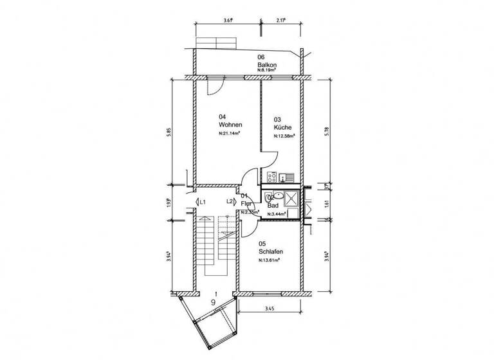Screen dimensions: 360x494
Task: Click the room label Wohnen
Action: pyautogui.click(x=230, y=125)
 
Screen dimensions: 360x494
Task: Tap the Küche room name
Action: pyautogui.click(x=282, y=128)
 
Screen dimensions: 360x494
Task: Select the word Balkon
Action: pyautogui.click(x=266, y=65)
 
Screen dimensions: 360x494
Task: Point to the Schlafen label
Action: pyautogui.click(x=271, y=252)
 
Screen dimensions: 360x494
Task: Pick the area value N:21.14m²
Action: pyautogui.click(x=230, y=134)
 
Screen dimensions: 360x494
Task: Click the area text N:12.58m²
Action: pyautogui.click(x=284, y=136)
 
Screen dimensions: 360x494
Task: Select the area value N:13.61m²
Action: pyautogui.click(x=270, y=260)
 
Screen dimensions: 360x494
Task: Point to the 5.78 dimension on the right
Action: pyautogui.click(x=327, y=130)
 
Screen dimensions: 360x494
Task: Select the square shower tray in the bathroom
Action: pyautogui.click(x=292, y=197)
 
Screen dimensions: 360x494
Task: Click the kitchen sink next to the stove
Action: pyautogui.click(x=288, y=176)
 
